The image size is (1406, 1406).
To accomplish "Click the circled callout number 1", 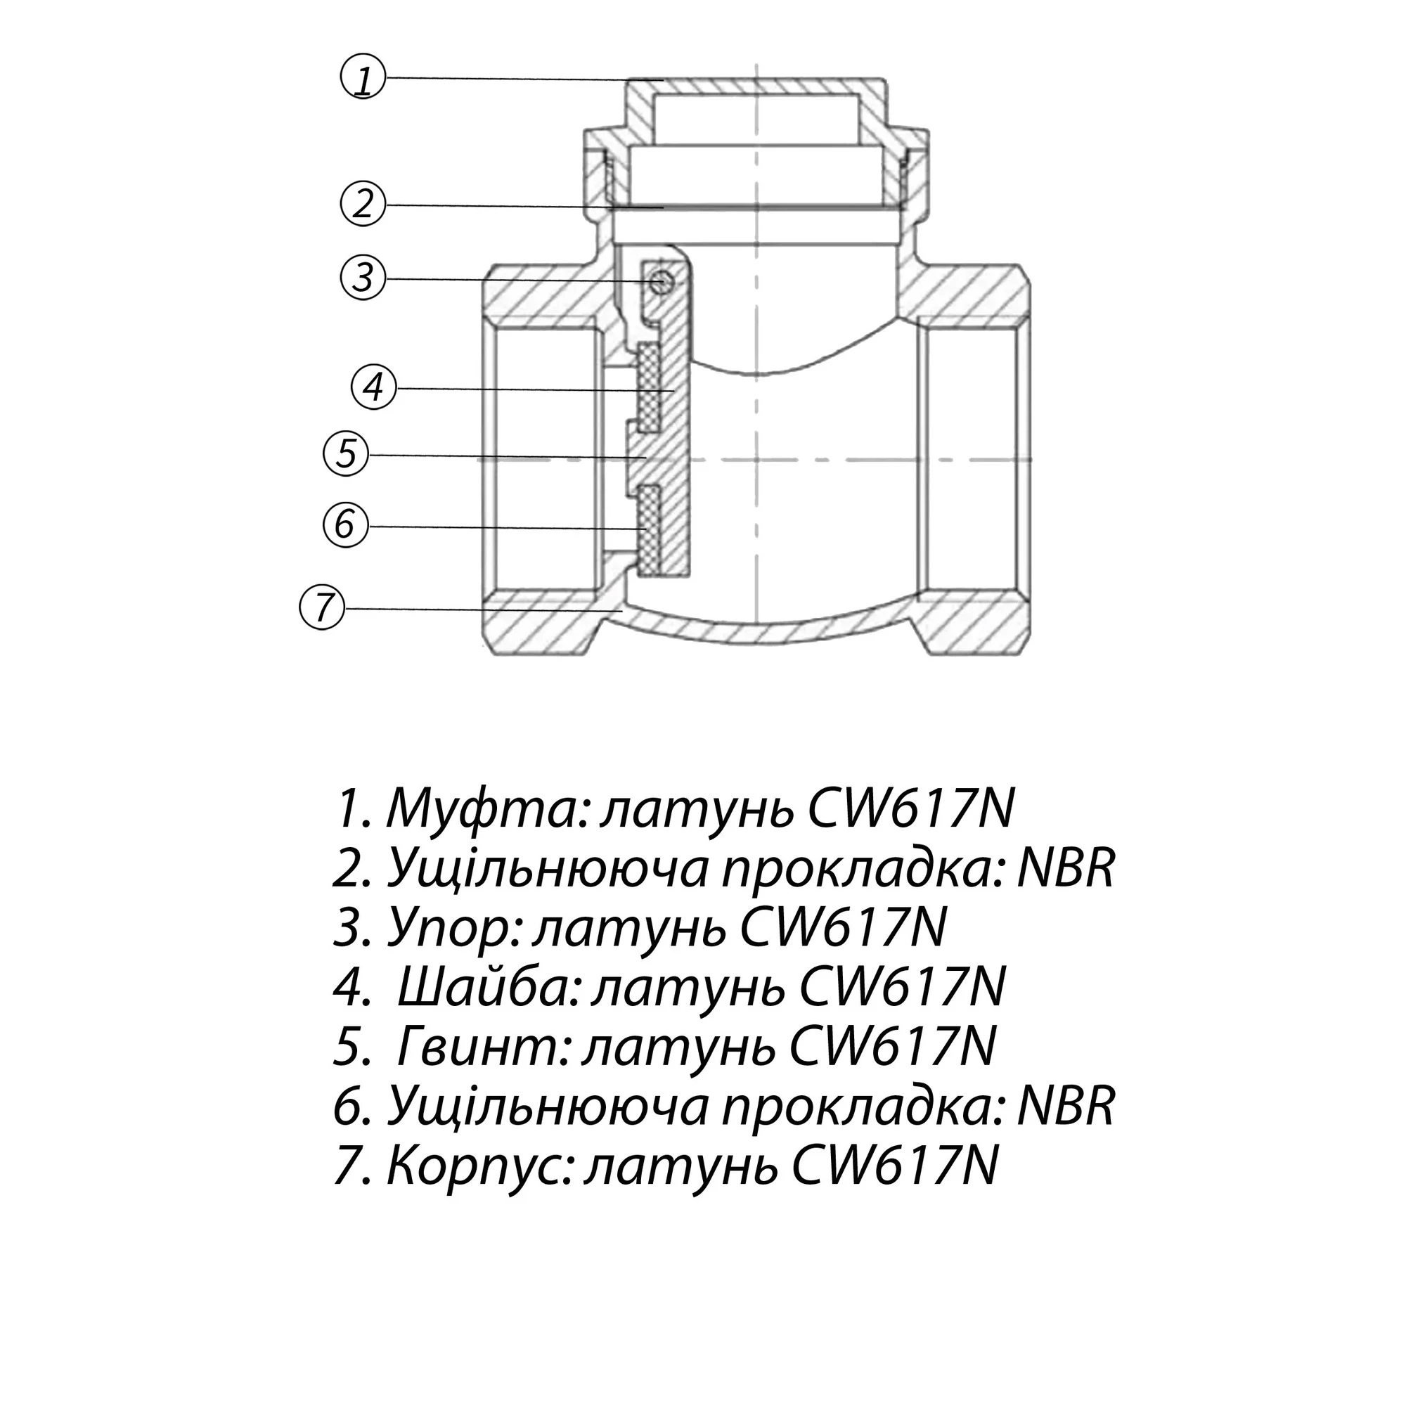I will tap(363, 78).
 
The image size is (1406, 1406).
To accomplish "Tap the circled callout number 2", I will tap(363, 204).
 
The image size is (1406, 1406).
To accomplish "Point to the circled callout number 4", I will tap(373, 387).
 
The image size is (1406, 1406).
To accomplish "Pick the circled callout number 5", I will tap(346, 454).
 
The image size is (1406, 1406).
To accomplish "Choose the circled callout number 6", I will tap(345, 524).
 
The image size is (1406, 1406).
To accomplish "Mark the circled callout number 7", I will tap(323, 607).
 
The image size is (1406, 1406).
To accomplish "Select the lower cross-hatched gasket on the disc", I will tap(648, 530).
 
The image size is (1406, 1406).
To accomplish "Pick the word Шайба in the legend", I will tap(489, 988).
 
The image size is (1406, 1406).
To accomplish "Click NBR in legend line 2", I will tap(1066, 868).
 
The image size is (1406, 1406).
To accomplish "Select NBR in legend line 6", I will tap(1066, 1106).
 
